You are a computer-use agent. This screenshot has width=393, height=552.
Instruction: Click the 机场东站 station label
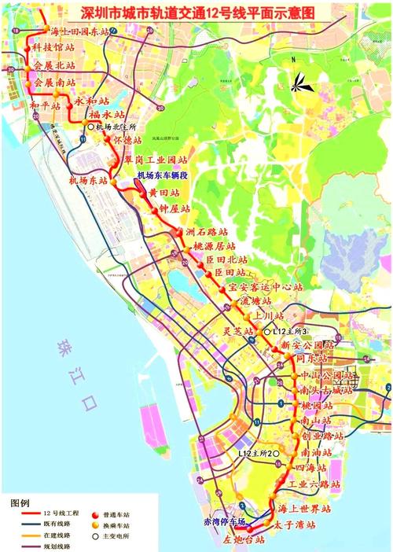[87, 181]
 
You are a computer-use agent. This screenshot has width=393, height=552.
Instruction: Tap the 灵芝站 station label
[238, 332]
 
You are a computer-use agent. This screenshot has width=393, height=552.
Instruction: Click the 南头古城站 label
[321, 391]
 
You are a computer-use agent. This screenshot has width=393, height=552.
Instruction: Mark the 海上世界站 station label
[307, 509]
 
